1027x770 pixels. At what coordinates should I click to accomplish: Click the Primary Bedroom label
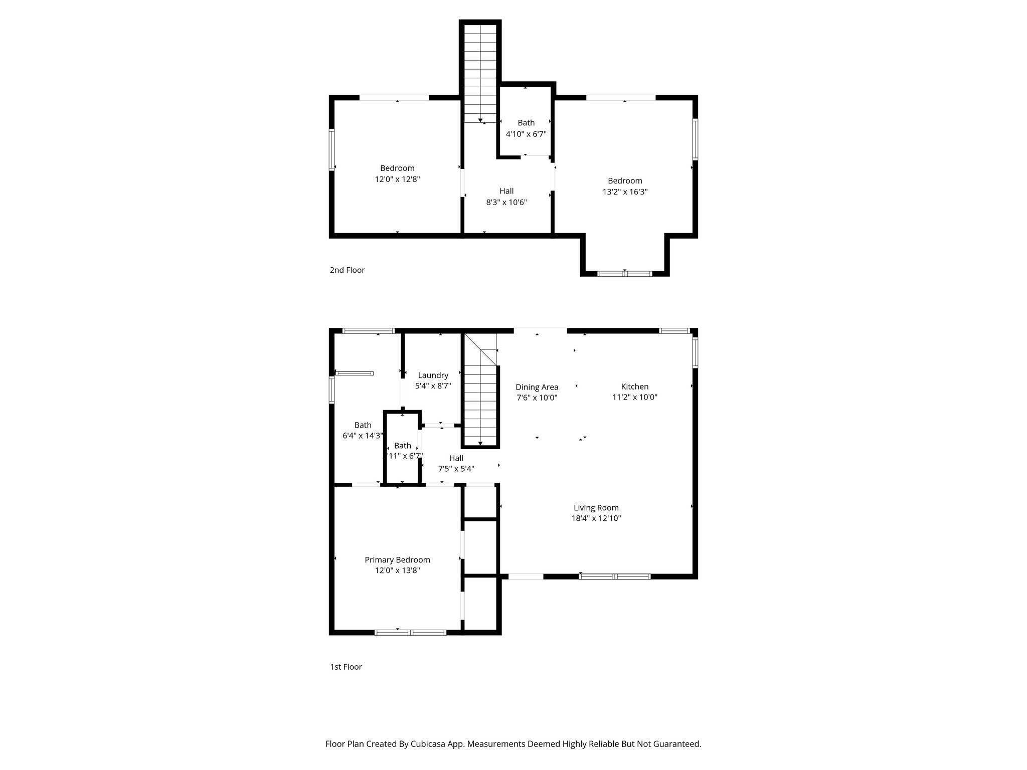pyautogui.click(x=397, y=560)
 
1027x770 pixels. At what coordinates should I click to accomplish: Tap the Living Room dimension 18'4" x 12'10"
pyautogui.click(x=596, y=518)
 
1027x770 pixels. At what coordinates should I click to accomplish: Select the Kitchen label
pyautogui.click(x=634, y=387)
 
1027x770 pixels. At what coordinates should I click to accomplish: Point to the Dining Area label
pyautogui.click(x=537, y=387)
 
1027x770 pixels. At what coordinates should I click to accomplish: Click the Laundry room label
pyautogui.click(x=433, y=375)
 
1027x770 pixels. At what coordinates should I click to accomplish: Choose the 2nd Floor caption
pyautogui.click(x=347, y=270)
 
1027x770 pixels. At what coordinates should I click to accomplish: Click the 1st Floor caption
pyautogui.click(x=346, y=667)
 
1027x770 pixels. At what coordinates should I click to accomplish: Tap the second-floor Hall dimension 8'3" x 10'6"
pyautogui.click(x=506, y=203)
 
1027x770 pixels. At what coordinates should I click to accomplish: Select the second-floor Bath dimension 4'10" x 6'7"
pyautogui.click(x=526, y=134)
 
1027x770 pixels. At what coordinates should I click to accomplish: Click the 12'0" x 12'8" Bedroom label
pyautogui.click(x=397, y=168)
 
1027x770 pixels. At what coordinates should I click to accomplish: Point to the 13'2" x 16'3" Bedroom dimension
pyautogui.click(x=625, y=191)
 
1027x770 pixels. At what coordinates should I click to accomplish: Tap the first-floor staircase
pyautogui.click(x=480, y=401)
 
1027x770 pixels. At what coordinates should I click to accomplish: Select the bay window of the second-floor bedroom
pyautogui.click(x=624, y=274)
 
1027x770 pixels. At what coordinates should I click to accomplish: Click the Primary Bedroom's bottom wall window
pyautogui.click(x=410, y=632)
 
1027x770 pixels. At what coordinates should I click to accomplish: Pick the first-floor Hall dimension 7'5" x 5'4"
pyautogui.click(x=456, y=469)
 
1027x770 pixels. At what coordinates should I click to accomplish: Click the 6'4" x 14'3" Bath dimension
pyautogui.click(x=363, y=436)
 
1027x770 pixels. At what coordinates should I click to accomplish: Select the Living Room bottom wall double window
pyautogui.click(x=615, y=576)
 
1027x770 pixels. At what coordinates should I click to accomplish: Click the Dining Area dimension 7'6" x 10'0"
pyautogui.click(x=537, y=398)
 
